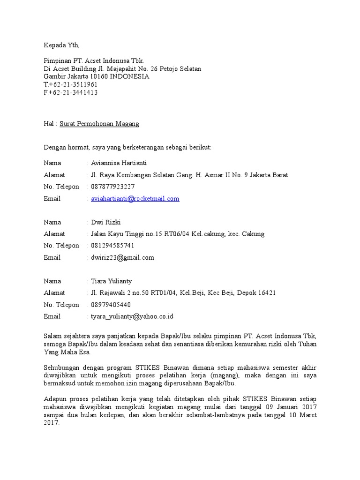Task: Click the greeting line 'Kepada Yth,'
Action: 61,45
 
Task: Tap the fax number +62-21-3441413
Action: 73,92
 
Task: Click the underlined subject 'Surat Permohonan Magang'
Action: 99,124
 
